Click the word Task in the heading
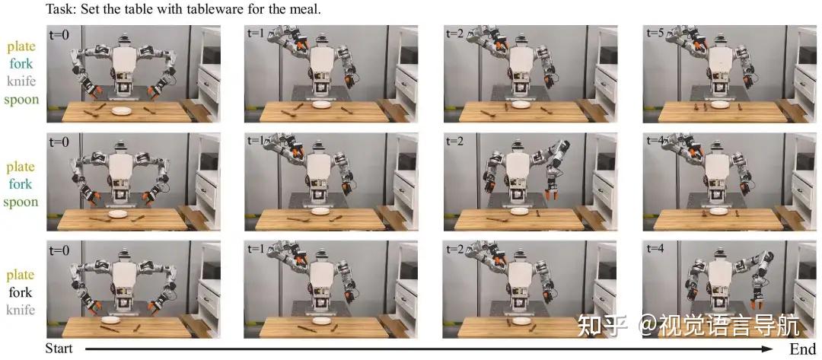pos(58,9)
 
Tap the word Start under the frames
pos(59,349)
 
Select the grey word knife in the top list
pos(21,81)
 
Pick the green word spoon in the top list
pos(21,99)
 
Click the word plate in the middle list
pos(21,167)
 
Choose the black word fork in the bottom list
pos(21,292)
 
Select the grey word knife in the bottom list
pos(21,311)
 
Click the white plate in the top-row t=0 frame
pos(122,110)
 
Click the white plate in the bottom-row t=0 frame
pos(110,320)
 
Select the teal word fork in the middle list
pos(21,184)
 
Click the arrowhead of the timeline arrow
pos(769,349)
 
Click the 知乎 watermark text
pos(601,326)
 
